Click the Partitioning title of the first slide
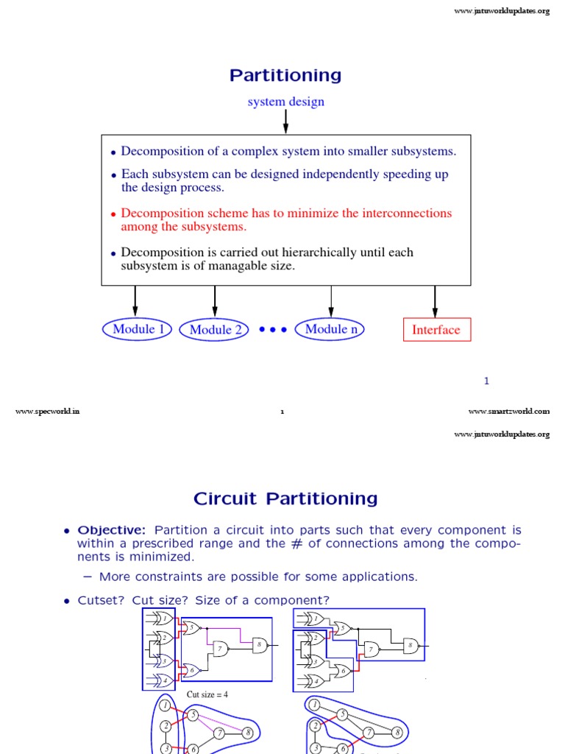click(285, 75)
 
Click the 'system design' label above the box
click(285, 102)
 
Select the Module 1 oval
click(136, 329)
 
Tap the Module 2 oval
click(215, 330)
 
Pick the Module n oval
click(330, 329)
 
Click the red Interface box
click(436, 330)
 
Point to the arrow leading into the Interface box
click(436, 300)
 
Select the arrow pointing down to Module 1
click(135, 300)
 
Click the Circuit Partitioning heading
click(285, 498)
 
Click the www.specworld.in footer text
click(47, 412)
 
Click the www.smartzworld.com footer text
click(508, 412)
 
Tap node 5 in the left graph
click(193, 714)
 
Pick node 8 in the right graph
click(397, 732)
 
